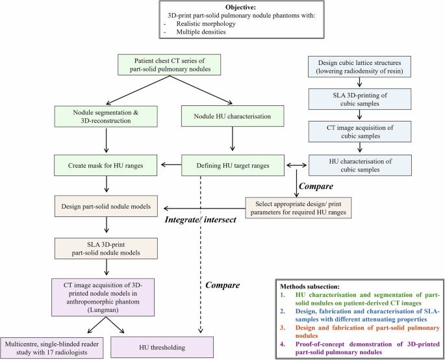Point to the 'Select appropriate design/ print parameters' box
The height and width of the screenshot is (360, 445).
click(x=297, y=209)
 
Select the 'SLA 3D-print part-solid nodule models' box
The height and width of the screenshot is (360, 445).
click(x=107, y=248)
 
